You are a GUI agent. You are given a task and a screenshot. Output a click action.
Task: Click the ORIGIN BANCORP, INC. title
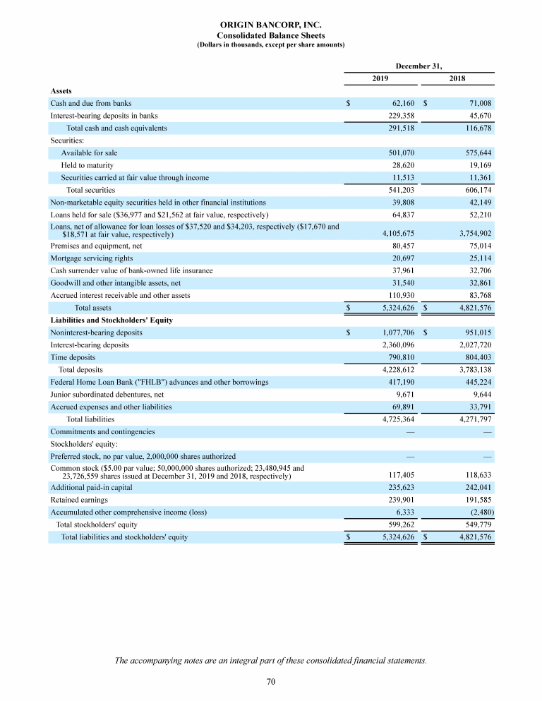pos(270,24)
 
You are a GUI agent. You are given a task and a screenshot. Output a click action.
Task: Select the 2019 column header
pos(380,78)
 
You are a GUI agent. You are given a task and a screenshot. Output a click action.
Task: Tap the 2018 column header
pos(457,78)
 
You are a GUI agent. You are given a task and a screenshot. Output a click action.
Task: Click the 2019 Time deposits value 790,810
pos(398,358)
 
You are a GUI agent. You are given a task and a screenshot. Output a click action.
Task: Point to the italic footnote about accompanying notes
pos(270,661)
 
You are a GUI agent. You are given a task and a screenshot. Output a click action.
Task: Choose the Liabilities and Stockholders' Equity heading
pos(112,320)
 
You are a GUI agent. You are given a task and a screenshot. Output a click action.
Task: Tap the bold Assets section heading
pos(61,90)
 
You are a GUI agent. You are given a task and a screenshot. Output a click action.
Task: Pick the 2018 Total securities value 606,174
pos(474,190)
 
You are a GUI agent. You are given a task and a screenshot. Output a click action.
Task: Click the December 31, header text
pos(419,66)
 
